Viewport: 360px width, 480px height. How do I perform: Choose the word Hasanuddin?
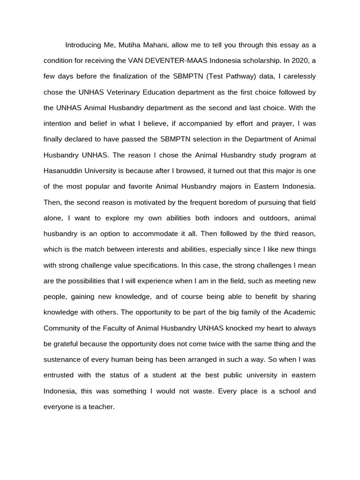63,155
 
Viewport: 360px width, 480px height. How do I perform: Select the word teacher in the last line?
102,407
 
